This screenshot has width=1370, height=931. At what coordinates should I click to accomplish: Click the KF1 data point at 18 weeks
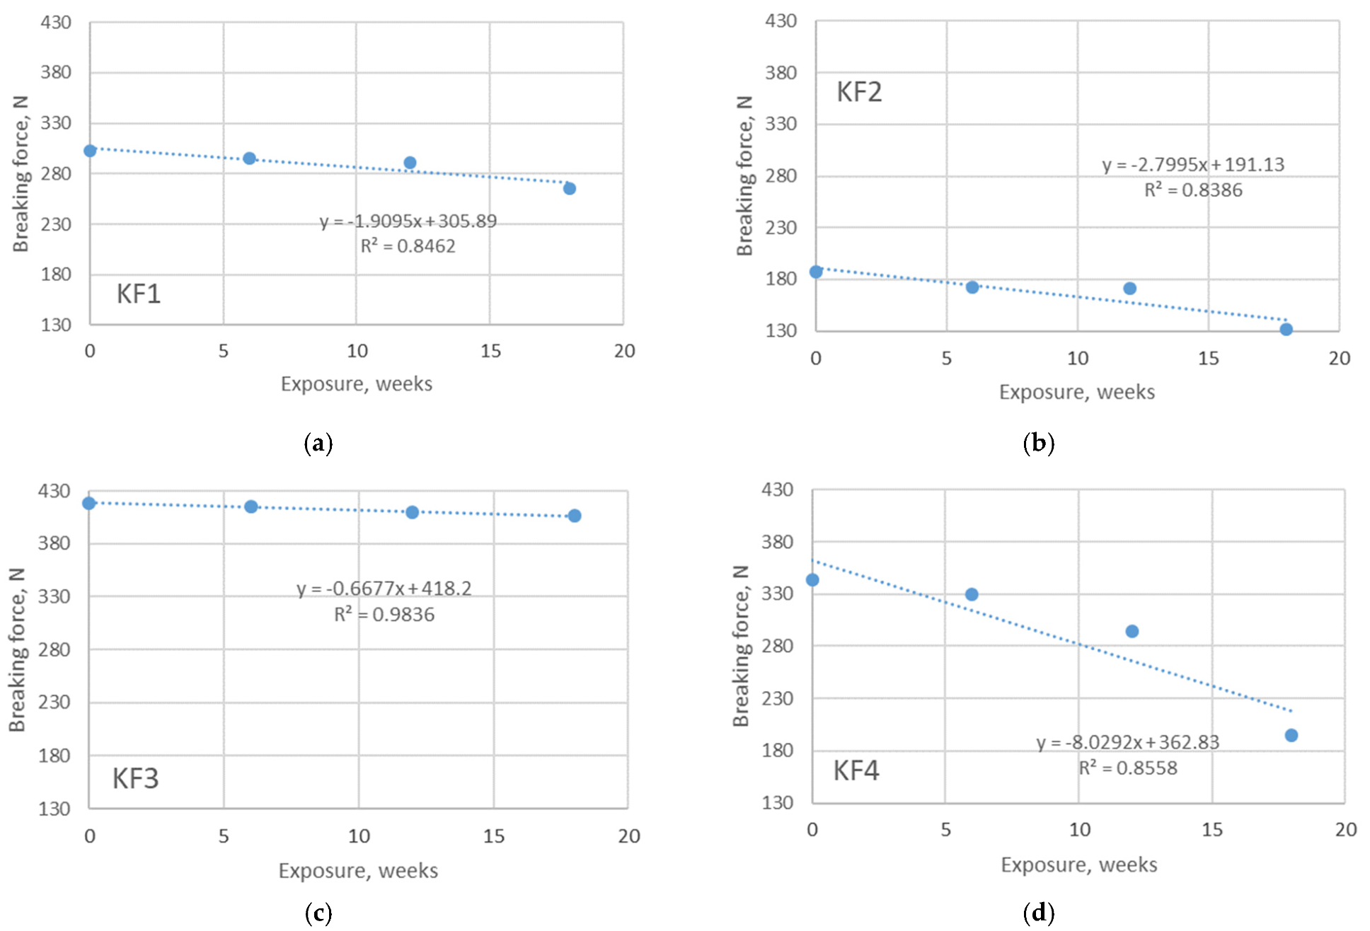pyautogui.click(x=569, y=188)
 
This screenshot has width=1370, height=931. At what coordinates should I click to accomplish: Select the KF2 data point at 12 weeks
pyautogui.click(x=1129, y=288)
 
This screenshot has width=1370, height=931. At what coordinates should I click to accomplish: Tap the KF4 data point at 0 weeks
pyautogui.click(x=812, y=579)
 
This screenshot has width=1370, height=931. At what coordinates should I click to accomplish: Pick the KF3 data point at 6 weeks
pyautogui.click(x=251, y=507)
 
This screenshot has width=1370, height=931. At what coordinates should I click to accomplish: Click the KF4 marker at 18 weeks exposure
pyautogui.click(x=1291, y=735)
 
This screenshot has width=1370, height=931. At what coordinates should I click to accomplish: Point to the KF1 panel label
pyautogui.click(x=139, y=294)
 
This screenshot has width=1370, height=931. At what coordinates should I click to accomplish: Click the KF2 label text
pyautogui.click(x=859, y=92)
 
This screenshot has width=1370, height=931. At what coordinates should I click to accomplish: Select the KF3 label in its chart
pyautogui.click(x=135, y=778)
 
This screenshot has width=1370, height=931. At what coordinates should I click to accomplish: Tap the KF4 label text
pyautogui.click(x=856, y=770)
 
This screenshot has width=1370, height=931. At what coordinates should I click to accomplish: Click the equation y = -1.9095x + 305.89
pyautogui.click(x=408, y=221)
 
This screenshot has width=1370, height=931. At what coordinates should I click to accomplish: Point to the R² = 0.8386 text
pyautogui.click(x=1193, y=190)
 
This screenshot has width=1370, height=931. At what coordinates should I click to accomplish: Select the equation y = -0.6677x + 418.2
pyautogui.click(x=384, y=589)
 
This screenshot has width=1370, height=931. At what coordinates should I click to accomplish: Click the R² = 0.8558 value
pyautogui.click(x=1128, y=768)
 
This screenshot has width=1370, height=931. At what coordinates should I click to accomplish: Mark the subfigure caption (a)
pyautogui.click(x=318, y=444)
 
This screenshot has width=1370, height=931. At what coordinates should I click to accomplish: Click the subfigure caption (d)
pyautogui.click(x=1038, y=913)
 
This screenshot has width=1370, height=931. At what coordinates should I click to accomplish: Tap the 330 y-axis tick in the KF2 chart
pyautogui.click(x=781, y=124)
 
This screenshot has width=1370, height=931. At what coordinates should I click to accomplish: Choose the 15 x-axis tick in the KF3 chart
pyautogui.click(x=493, y=836)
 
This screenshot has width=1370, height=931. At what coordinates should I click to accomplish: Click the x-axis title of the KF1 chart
pyautogui.click(x=356, y=384)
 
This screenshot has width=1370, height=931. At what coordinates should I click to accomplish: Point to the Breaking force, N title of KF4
pyautogui.click(x=740, y=645)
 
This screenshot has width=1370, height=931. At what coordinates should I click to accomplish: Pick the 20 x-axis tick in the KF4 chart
pyautogui.click(x=1345, y=829)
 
